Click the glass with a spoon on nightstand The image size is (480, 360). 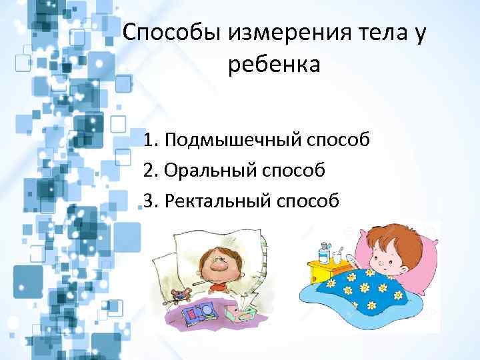tap(337, 257)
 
